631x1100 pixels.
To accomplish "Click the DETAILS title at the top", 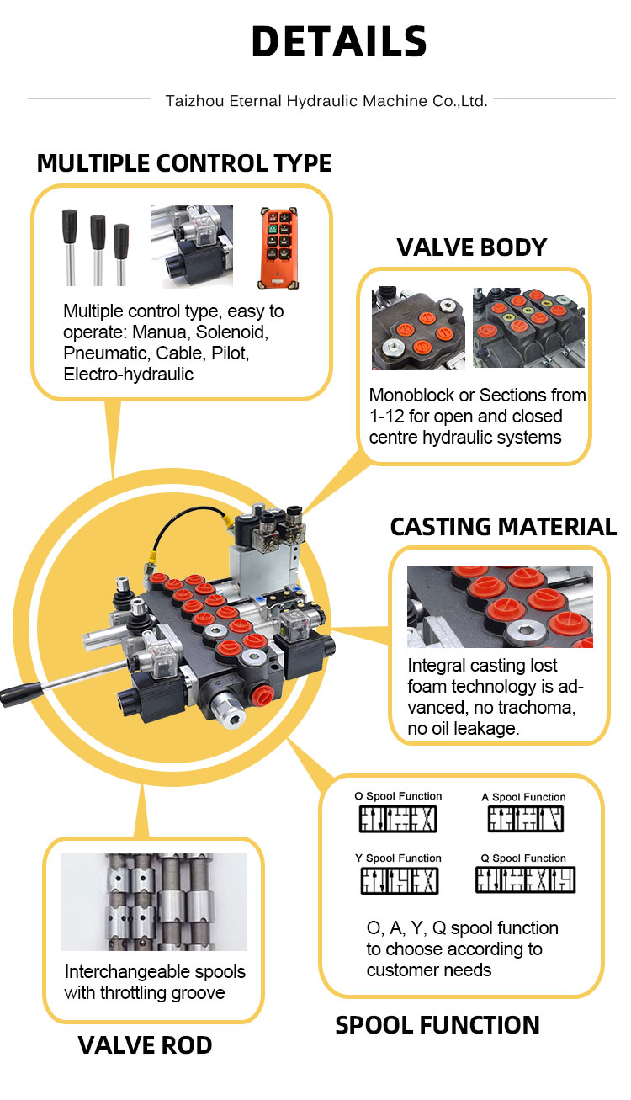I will coord(339,42).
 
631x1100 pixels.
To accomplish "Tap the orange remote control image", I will coord(278,247).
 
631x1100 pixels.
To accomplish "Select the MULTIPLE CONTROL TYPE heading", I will coord(184,162).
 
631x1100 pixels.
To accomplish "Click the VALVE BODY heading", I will coord(472,247).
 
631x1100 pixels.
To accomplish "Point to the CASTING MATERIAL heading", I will coord(503,526).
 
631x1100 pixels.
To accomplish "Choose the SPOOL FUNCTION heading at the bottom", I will coord(437,1024).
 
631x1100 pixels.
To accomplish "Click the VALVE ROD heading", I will coord(145,1045).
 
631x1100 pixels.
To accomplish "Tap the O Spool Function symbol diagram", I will coord(398,819).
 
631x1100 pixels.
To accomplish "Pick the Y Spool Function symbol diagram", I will coord(400,880).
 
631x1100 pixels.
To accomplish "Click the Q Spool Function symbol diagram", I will coord(525,880).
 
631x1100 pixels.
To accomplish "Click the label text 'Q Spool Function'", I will coord(524,858).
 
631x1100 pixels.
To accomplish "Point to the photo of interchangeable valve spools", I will coord(154,901).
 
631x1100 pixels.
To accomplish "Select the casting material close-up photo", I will coord(500,606).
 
